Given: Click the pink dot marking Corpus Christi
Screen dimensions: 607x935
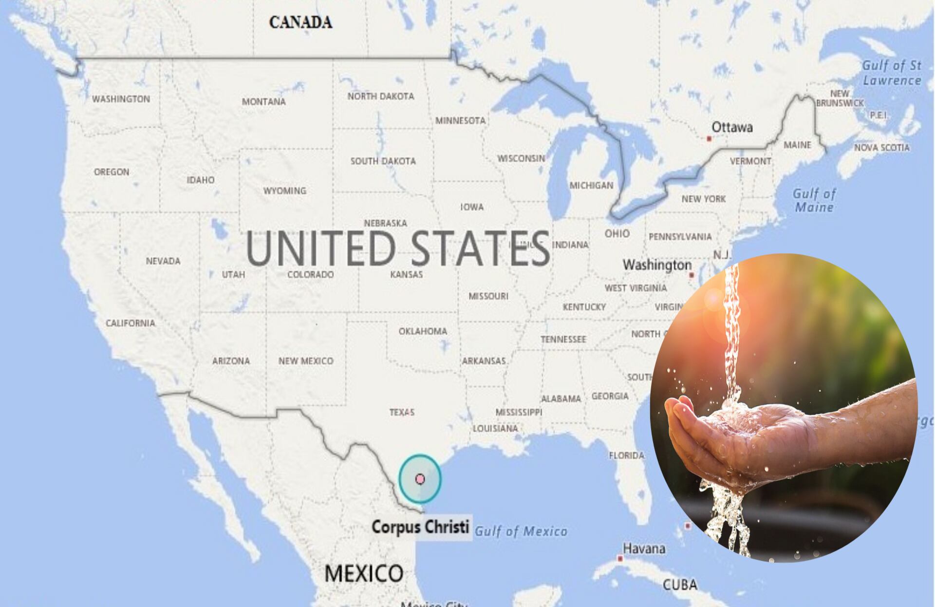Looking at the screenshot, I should point(420,479).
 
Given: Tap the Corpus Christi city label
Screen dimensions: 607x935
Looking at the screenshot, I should point(420,527).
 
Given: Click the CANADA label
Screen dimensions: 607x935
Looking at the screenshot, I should point(300,22).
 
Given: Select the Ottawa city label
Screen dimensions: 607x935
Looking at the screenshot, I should point(732,127).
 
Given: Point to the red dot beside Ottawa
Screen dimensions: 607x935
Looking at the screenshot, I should point(709,139).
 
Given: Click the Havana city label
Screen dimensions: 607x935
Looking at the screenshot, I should point(644,549).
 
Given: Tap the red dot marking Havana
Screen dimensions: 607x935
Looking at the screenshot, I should point(620,558).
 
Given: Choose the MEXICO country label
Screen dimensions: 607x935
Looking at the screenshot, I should point(364,573).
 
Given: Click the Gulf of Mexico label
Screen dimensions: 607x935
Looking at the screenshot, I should point(521,531).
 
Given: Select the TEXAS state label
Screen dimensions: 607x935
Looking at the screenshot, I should point(402,413).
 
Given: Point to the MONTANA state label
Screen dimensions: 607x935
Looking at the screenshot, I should point(263,102).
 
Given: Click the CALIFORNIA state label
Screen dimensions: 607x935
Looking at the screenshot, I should point(131,323).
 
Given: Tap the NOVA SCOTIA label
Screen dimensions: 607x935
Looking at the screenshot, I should point(881,148).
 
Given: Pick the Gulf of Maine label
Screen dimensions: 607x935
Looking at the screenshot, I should point(814,200).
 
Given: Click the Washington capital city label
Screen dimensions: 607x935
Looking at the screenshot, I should point(657,265).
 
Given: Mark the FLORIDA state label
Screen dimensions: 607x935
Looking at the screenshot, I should point(626,455).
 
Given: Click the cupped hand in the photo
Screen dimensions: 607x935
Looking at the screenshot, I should point(730,438).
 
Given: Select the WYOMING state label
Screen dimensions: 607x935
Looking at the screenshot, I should point(285,190).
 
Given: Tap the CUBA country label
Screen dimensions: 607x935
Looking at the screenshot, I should point(680,585).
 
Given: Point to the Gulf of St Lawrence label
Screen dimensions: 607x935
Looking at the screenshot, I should point(892,73).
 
